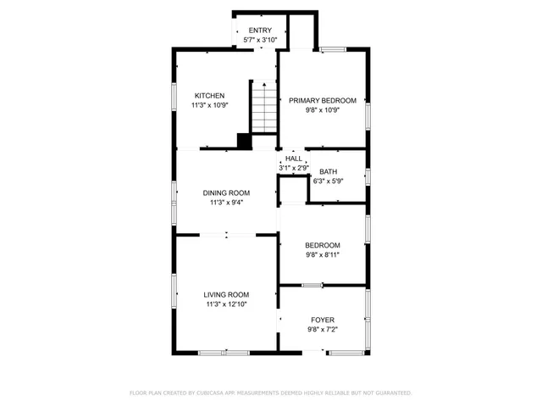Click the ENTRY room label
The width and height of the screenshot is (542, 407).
coord(260,31)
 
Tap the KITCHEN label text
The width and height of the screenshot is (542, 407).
coord(209,96)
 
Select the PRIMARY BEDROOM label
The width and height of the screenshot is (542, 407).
coord(322,100)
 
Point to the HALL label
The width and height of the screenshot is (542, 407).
coord(293,159)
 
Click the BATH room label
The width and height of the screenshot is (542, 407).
coord(328,171)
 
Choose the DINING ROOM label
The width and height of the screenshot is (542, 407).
coord(225,193)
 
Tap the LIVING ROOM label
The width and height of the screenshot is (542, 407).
coord(225,294)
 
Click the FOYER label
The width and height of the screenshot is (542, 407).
coord(323,320)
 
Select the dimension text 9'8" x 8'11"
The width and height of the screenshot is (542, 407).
coord(323,254)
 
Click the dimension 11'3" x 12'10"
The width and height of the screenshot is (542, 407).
coord(226,304)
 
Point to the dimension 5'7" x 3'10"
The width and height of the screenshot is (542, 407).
coord(260,40)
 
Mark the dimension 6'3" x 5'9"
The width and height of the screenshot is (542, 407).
coord(328,181)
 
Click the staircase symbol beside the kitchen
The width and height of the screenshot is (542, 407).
coord(265,107)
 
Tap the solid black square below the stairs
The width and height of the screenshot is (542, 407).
coord(244,142)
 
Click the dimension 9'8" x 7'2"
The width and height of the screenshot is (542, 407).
coord(323,329)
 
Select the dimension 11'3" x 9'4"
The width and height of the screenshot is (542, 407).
coord(225,203)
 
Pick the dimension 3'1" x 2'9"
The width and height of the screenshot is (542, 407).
coord(293,168)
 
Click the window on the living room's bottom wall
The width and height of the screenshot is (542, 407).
coord(224,352)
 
